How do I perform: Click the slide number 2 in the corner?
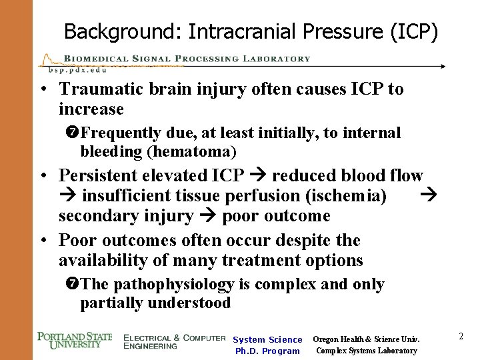461,337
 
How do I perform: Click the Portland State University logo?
75,341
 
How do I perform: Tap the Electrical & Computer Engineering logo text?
174,341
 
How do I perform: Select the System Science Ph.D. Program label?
267,345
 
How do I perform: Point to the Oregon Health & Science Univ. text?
365,339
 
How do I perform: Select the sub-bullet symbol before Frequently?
74,133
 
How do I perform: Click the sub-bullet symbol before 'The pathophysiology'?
74,285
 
